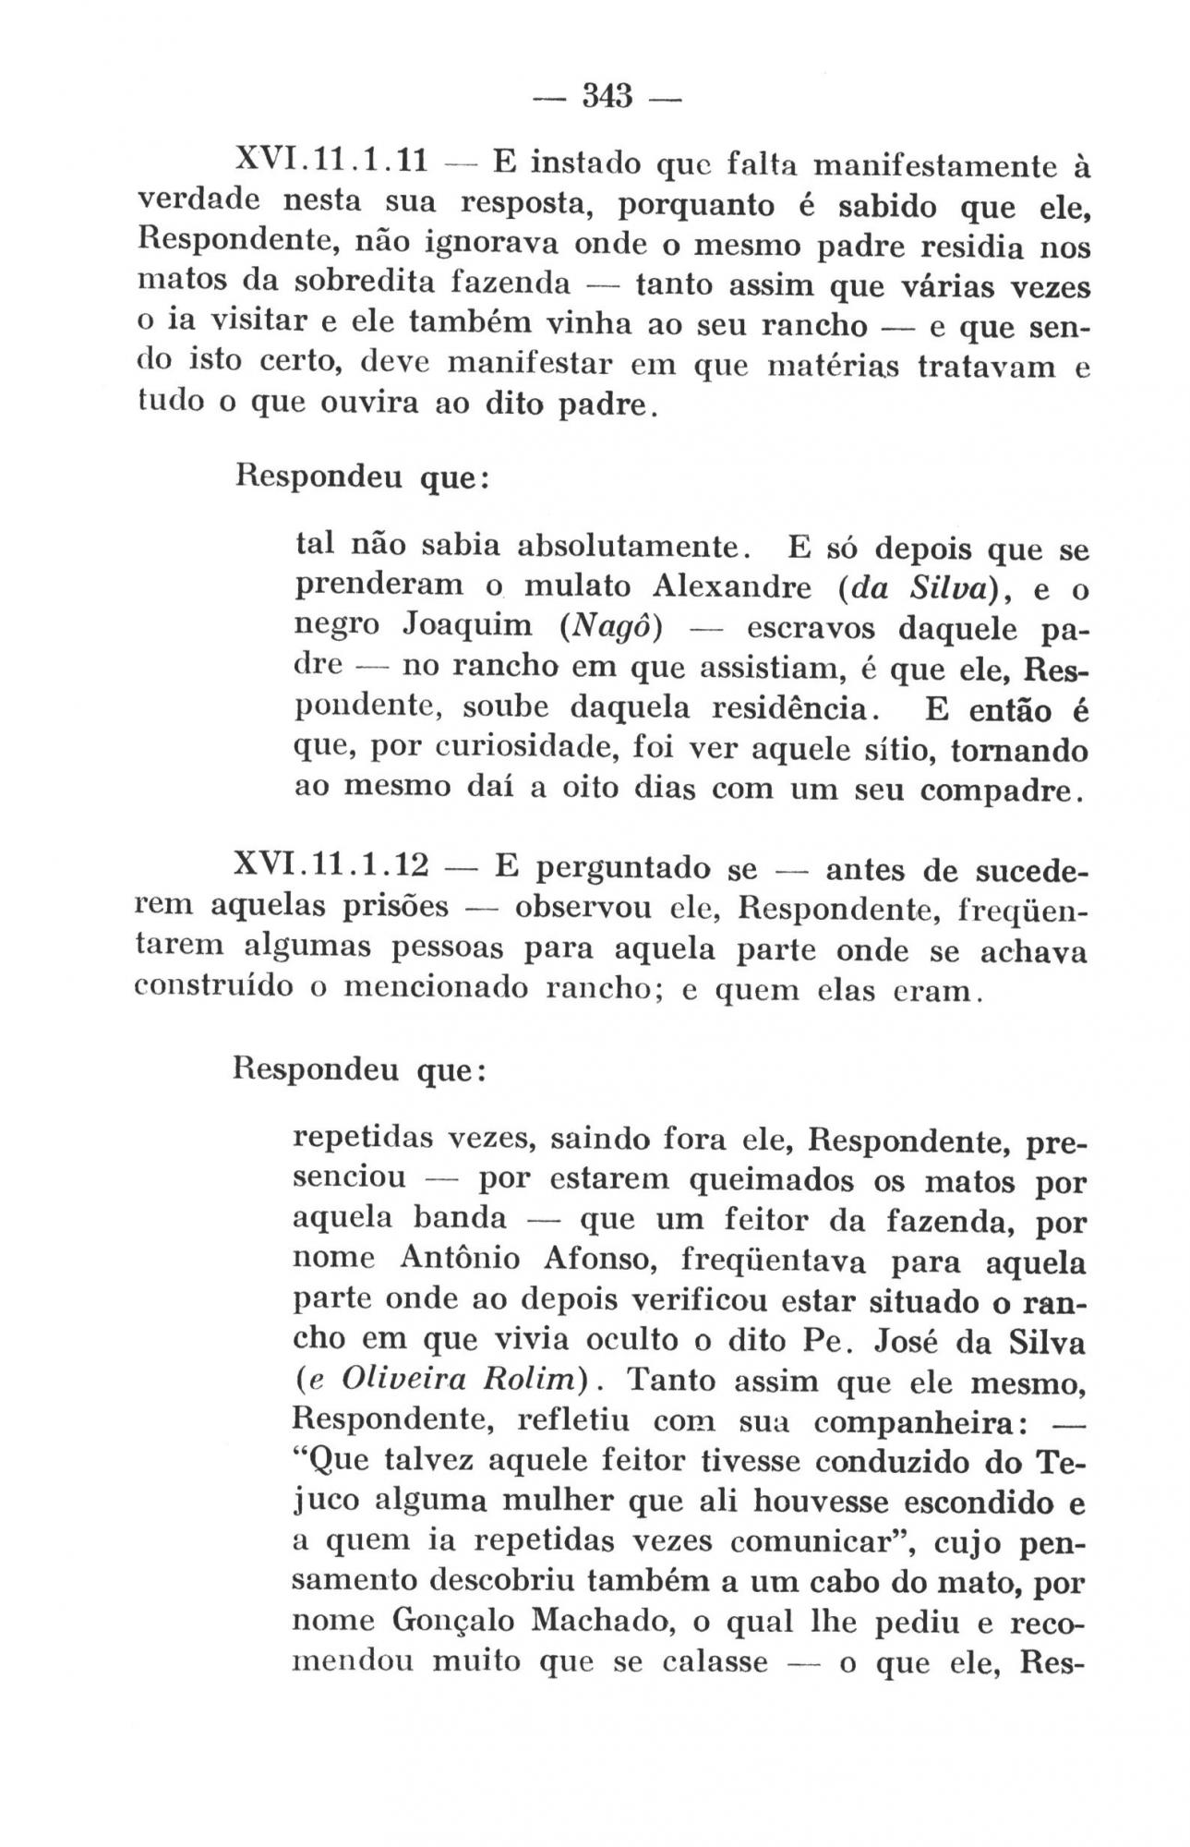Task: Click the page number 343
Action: [x=607, y=96]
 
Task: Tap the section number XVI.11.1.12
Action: [x=332, y=866]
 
